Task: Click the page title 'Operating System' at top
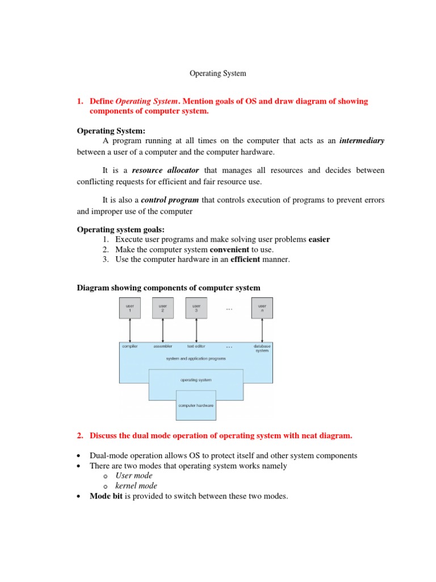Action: [x=217, y=73]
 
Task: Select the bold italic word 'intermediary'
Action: [x=362, y=140]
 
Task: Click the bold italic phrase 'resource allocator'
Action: [x=165, y=170]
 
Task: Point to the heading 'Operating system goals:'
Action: [x=120, y=230]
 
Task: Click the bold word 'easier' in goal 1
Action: [x=319, y=239]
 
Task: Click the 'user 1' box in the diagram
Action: [x=130, y=307]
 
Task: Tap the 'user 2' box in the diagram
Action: [x=163, y=307]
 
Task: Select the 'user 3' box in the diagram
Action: [x=196, y=307]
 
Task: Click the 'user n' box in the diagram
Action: [x=262, y=307]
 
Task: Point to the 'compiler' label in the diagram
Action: [x=130, y=346]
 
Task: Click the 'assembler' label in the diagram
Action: [x=163, y=346]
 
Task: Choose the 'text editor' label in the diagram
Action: [x=196, y=346]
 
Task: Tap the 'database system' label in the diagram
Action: [x=262, y=348]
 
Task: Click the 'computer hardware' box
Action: [x=196, y=405]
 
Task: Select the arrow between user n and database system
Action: [x=262, y=330]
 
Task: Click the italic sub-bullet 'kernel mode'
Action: [x=136, y=486]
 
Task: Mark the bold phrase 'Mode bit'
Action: [x=106, y=496]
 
